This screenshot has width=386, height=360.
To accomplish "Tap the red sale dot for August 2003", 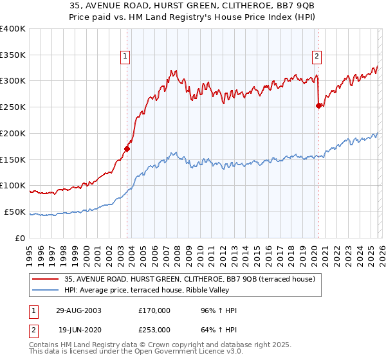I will [x=127, y=148].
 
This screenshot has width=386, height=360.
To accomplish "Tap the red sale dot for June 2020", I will [x=318, y=106].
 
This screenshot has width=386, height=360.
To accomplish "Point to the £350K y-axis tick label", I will [x=13, y=55].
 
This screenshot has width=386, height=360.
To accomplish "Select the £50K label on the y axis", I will [x=15, y=212].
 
